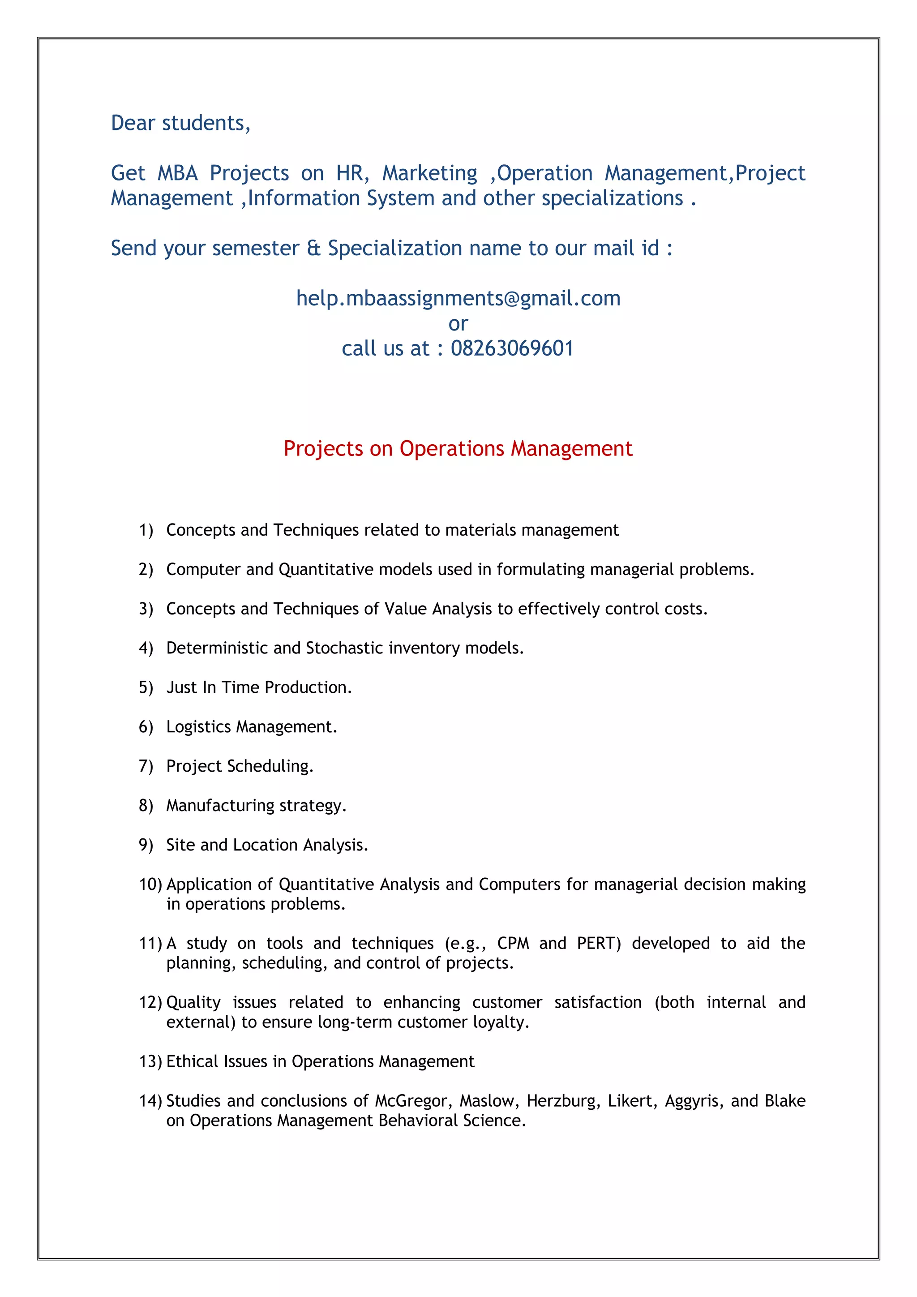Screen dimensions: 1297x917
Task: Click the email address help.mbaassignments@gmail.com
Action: [458, 298]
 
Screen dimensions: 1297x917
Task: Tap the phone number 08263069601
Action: [512, 348]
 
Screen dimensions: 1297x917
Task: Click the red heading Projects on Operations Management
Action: [458, 448]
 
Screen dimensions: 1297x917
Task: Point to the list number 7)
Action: [146, 766]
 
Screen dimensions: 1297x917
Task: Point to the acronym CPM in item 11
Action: [513, 943]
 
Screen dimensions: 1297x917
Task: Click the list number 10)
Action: [150, 884]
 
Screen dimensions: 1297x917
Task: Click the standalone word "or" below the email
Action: [458, 324]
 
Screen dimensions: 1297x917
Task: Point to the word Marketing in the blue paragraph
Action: [430, 173]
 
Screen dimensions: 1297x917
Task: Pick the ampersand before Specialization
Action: [313, 249]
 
